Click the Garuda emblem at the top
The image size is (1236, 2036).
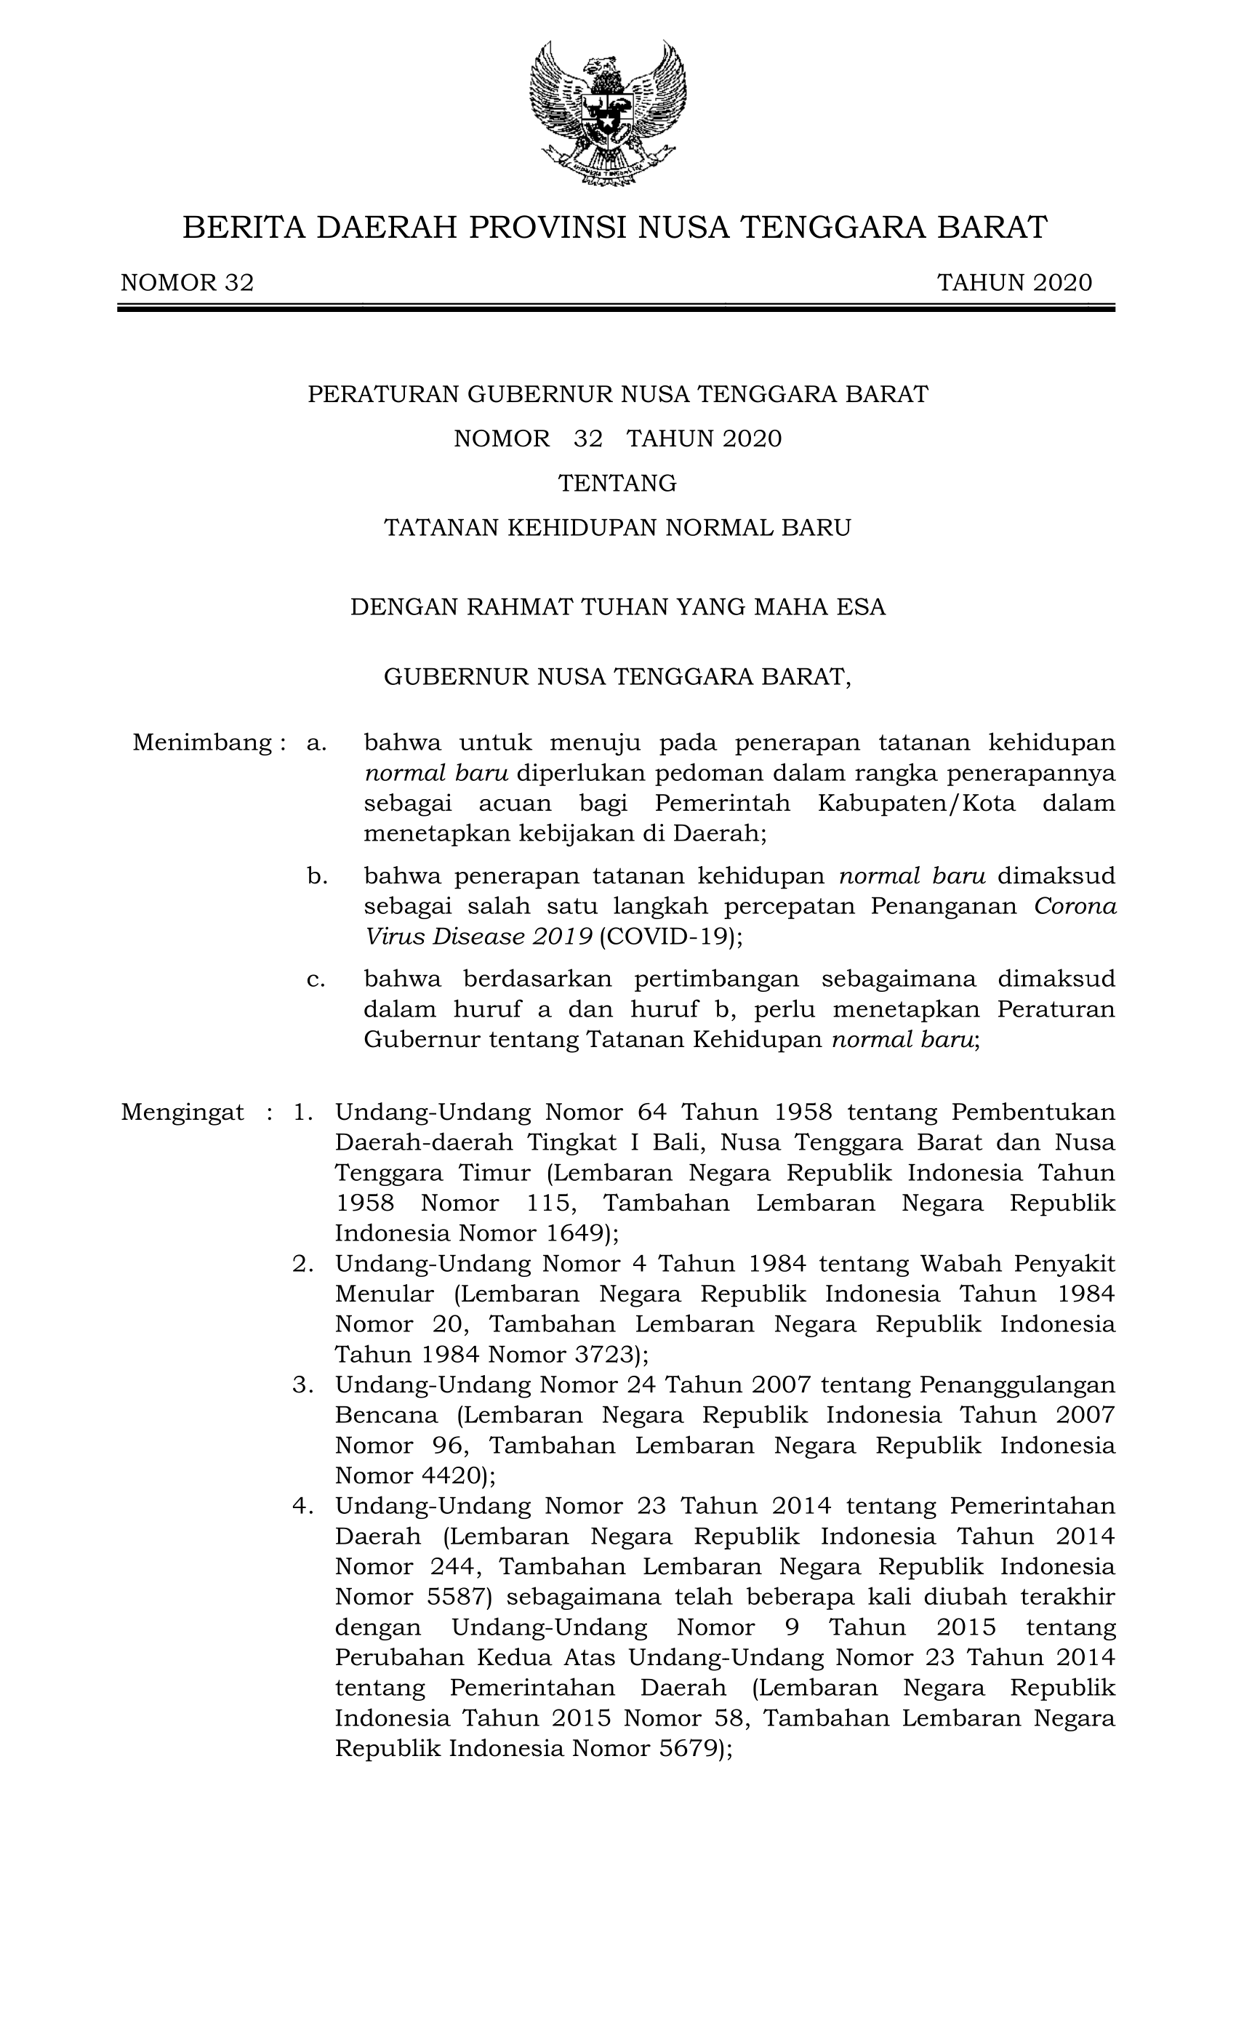pyautogui.click(x=607, y=113)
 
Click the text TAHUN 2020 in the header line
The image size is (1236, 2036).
pyautogui.click(x=1014, y=284)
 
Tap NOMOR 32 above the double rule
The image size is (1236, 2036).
pyautogui.click(x=188, y=284)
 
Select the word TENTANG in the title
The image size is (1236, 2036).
pyautogui.click(x=617, y=483)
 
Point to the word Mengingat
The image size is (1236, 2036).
pyautogui.click(x=182, y=1113)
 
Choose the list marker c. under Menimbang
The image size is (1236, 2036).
pyautogui.click(x=316, y=979)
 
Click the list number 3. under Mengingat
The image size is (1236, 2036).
pyautogui.click(x=303, y=1385)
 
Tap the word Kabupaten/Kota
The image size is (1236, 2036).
pyautogui.click(x=916, y=803)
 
